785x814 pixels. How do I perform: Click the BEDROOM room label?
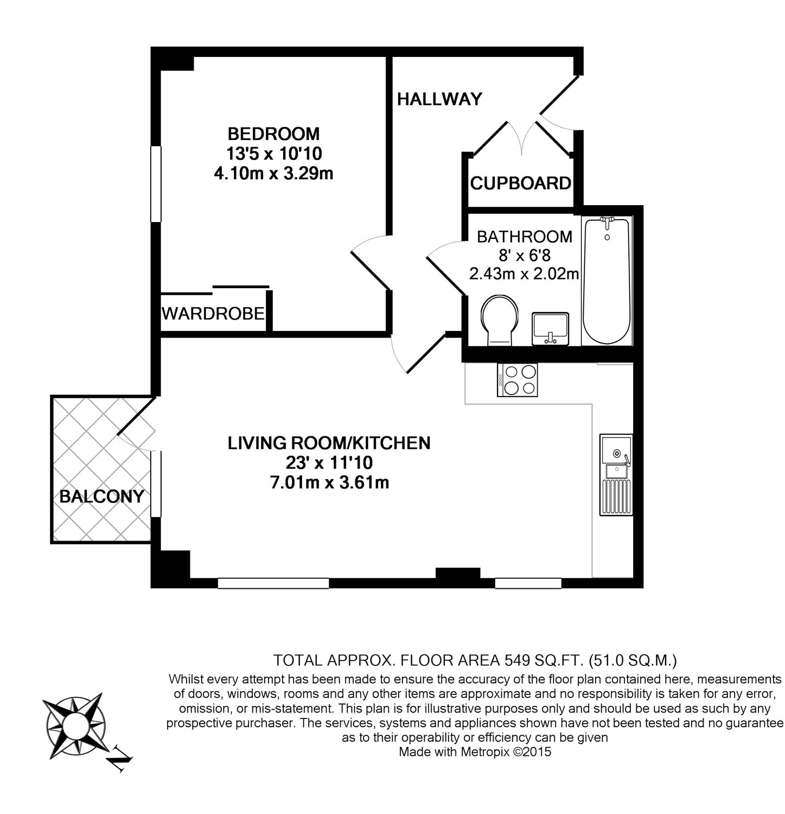pos(273,133)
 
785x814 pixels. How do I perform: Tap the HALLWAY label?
pos(439,99)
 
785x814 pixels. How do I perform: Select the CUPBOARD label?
pos(521,183)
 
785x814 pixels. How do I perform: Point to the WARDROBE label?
pos(213,313)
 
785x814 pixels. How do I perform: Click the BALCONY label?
pos(101,496)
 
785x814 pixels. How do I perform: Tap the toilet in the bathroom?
pos(500,320)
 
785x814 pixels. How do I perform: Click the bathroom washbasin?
pos(550,328)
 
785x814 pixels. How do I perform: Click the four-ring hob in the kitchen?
pos(518,380)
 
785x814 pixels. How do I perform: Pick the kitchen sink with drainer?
pos(616,474)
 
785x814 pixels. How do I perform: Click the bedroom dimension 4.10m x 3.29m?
pos(273,174)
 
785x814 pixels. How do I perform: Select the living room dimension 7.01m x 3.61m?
pos(329,482)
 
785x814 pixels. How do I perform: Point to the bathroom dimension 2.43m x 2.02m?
pos(524,274)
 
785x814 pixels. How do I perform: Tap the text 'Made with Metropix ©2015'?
pos(475,752)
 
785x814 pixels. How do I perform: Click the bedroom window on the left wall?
pos(156,184)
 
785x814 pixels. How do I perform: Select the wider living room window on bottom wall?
pos(273,583)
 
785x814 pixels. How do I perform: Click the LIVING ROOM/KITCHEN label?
pos(329,443)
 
